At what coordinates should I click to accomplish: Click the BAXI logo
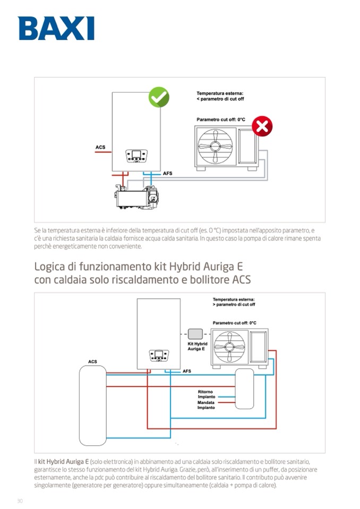point(56,28)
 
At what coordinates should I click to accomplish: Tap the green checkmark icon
point(158,97)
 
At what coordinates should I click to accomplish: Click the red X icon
point(262,126)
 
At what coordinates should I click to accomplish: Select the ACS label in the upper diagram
point(100,146)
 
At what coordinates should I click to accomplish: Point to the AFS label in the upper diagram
point(167,174)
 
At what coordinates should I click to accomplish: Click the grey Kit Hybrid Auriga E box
point(195,334)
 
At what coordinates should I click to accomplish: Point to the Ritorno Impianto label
point(205,394)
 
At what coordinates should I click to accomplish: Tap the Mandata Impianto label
point(206,405)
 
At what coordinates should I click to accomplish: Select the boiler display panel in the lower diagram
point(159,356)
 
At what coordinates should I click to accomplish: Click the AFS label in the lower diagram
point(187,371)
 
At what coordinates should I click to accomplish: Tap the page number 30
point(20,501)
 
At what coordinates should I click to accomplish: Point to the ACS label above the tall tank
point(92,361)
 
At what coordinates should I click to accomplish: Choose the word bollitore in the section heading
point(204,279)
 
